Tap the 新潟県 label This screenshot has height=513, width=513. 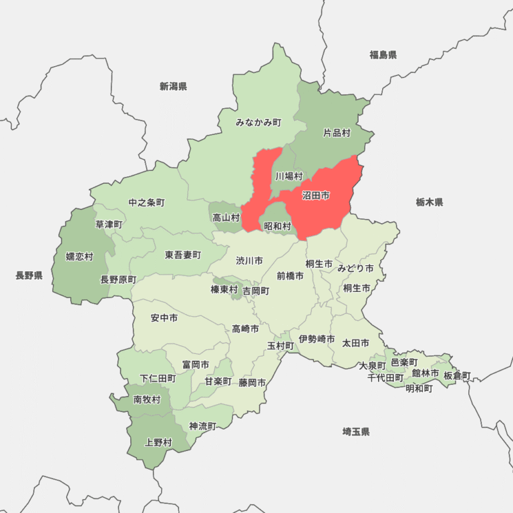point(173,86)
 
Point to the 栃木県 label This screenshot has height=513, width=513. point(429,202)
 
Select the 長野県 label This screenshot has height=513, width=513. point(29,275)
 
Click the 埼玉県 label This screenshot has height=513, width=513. point(356,432)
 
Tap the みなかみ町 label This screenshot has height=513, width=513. point(259,122)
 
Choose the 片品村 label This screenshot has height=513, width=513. point(337,133)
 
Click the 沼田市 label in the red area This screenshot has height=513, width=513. point(316,196)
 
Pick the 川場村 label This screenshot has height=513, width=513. point(289,176)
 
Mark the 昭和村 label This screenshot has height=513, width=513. point(277,226)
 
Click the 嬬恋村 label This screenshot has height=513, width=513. point(79,256)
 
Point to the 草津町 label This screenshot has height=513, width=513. point(109,224)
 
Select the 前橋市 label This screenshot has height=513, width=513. point(290,275)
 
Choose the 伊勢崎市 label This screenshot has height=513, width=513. point(317,339)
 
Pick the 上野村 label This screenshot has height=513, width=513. point(158,442)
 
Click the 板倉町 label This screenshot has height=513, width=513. point(457,375)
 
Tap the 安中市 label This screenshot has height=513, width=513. point(164,318)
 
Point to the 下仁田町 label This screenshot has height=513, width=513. point(158,378)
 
